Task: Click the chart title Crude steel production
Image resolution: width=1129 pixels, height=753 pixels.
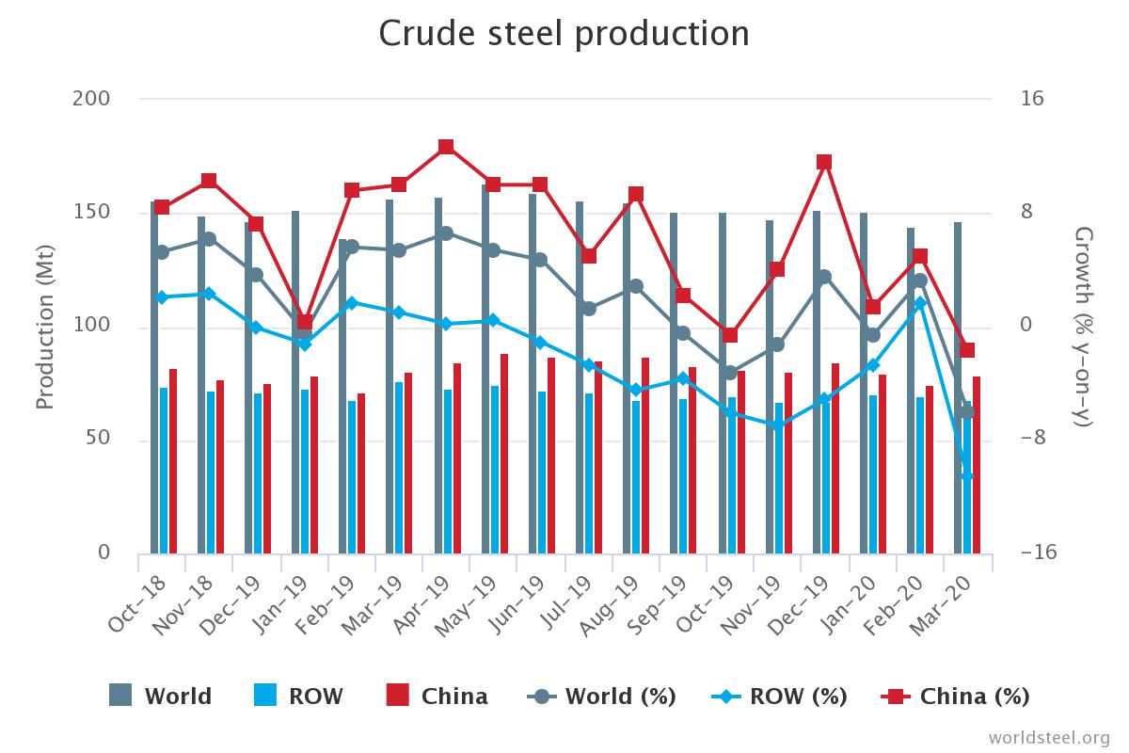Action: [x=564, y=34]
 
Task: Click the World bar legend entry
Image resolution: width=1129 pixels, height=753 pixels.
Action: [x=160, y=697]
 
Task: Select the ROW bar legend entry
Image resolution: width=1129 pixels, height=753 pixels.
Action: [x=298, y=697]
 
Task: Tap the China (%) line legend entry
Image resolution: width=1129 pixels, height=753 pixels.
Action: [x=955, y=697]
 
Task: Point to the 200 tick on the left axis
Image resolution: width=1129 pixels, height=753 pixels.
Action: [x=91, y=99]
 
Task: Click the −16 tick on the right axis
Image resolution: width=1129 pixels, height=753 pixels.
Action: [x=1039, y=553]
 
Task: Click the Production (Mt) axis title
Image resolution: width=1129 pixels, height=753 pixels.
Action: [x=44, y=326]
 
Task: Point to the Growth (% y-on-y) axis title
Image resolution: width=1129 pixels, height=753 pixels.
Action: [x=1084, y=326]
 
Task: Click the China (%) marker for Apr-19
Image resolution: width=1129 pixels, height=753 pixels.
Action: [x=446, y=147]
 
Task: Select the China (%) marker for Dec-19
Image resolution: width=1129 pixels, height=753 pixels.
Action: [x=824, y=162]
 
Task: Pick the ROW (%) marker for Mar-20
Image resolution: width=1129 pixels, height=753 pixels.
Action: [x=966, y=476]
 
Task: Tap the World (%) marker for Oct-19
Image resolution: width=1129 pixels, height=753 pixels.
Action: [x=729, y=373]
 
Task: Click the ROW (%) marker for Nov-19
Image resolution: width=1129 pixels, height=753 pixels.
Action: [x=777, y=425]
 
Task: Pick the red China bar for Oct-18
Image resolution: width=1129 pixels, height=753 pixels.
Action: [x=173, y=461]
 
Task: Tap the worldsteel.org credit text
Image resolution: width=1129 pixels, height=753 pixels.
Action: [x=1049, y=736]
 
